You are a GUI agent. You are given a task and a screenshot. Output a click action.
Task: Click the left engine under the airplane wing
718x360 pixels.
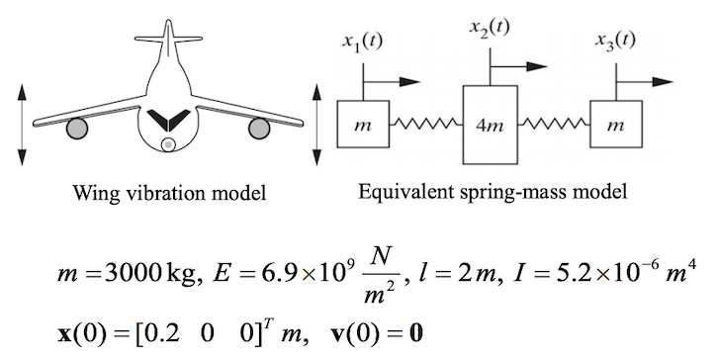tap(75, 128)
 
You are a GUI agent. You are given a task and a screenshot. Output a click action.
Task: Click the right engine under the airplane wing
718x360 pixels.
tap(260, 128)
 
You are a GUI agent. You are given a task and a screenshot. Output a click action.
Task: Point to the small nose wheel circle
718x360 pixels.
tap(168, 145)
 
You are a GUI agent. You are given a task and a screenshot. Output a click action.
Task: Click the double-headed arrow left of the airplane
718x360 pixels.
tap(23, 125)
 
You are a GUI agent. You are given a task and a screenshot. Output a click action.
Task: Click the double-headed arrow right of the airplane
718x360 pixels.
tap(316, 125)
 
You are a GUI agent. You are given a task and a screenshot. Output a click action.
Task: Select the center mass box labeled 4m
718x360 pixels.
tap(492, 125)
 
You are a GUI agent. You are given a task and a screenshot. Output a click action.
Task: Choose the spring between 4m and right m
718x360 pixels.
tap(555, 125)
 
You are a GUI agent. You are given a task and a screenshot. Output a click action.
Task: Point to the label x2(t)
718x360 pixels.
tap(490, 27)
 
